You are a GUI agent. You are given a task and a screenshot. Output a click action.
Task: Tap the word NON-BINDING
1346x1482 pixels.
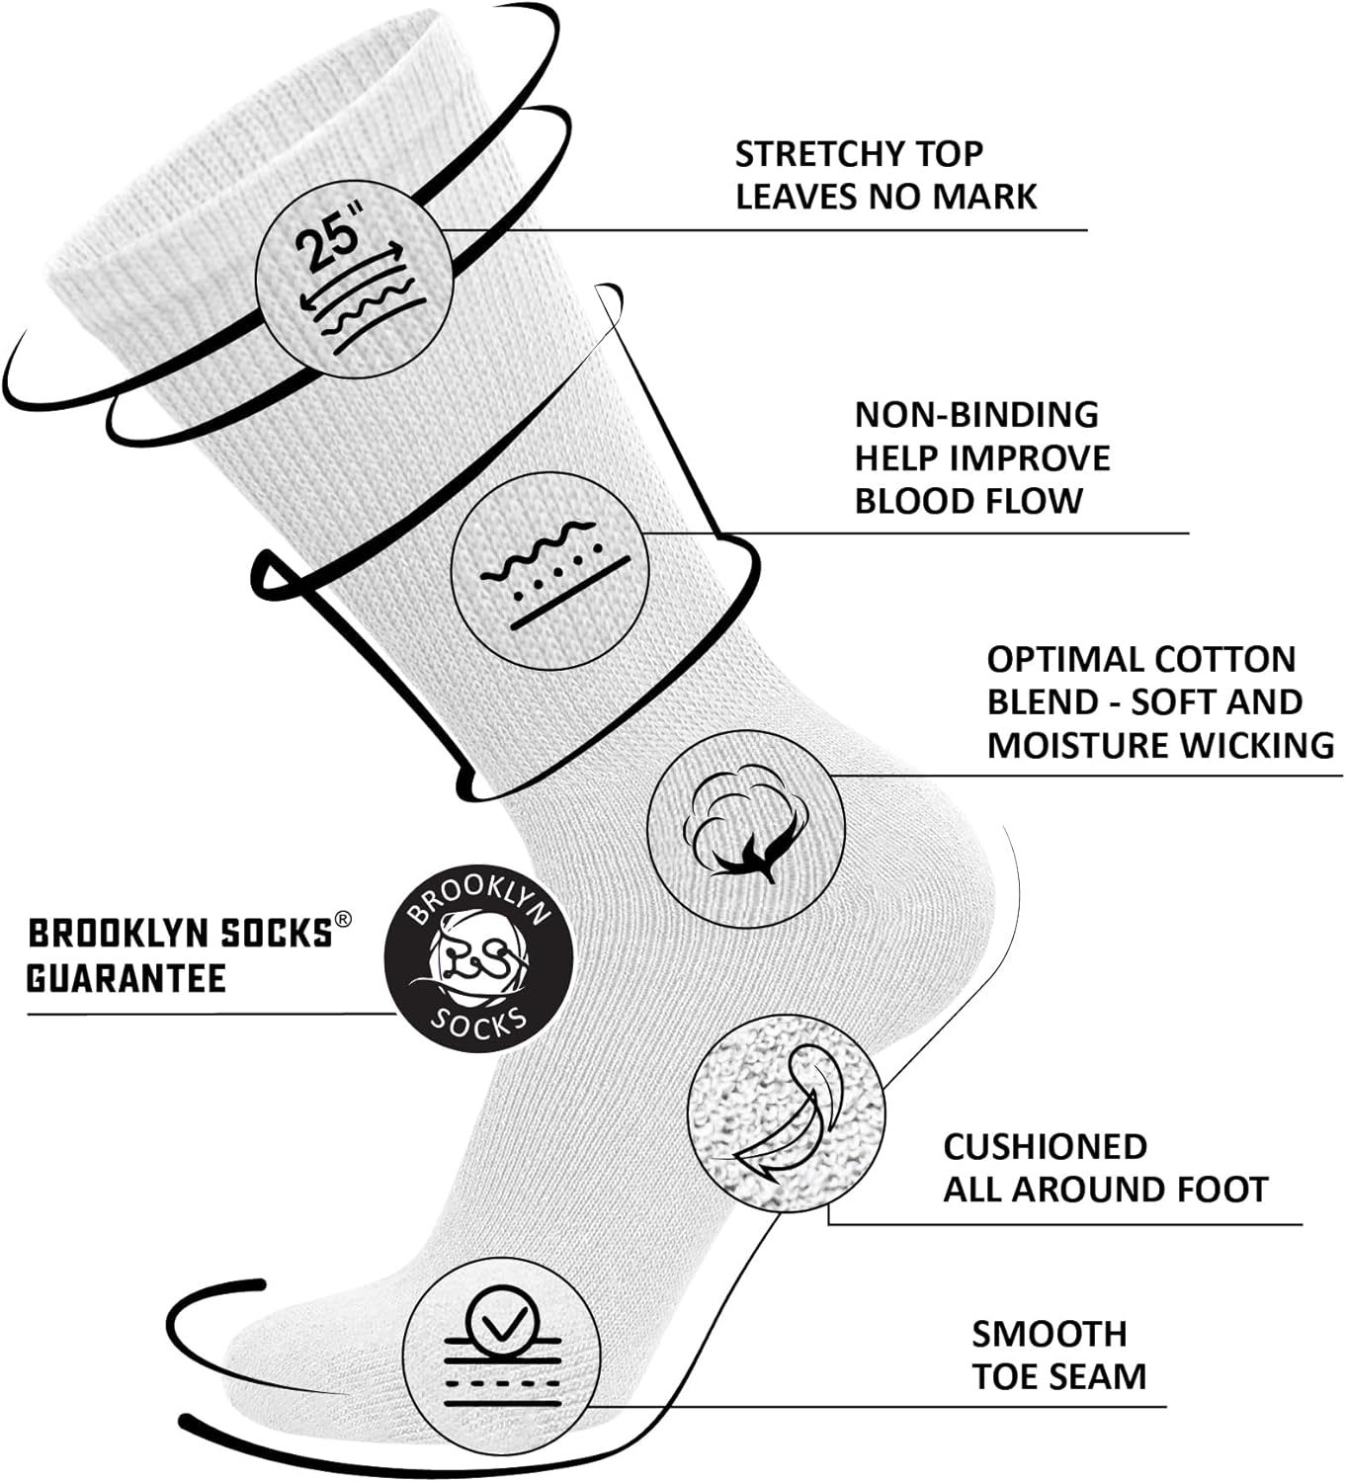pos(976,414)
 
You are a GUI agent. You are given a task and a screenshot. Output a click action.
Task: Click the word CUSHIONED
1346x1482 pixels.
pos(1045,1146)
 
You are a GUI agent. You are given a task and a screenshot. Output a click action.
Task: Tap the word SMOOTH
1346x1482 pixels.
pos(1049,1334)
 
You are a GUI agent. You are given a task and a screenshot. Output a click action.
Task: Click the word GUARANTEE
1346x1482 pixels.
pos(126,978)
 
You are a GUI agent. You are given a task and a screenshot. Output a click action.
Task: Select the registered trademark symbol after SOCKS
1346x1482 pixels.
pos(342,919)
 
